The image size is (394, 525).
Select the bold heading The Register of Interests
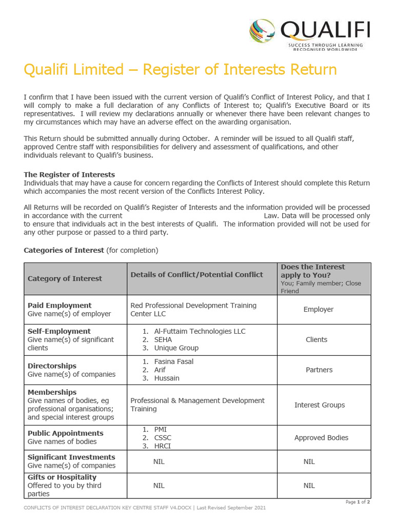[69, 175]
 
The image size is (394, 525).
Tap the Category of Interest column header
[65, 278]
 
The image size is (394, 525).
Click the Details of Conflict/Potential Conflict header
[196, 275]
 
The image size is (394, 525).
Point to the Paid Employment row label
[60, 306]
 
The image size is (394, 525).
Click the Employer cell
[318, 310]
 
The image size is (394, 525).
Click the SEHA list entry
[163, 339]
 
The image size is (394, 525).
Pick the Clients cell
[316, 339]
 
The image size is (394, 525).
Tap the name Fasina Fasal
[173, 361]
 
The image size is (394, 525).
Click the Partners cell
[319, 370]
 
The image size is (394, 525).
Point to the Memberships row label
[52, 392]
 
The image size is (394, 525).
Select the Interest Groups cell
[319, 405]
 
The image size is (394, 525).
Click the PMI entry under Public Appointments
[160, 429]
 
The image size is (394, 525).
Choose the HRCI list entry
[162, 446]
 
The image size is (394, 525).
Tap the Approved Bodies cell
[321, 438]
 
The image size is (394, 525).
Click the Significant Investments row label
[71, 457]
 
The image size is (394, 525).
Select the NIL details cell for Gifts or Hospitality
[159, 486]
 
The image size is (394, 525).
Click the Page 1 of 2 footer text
[358, 502]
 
